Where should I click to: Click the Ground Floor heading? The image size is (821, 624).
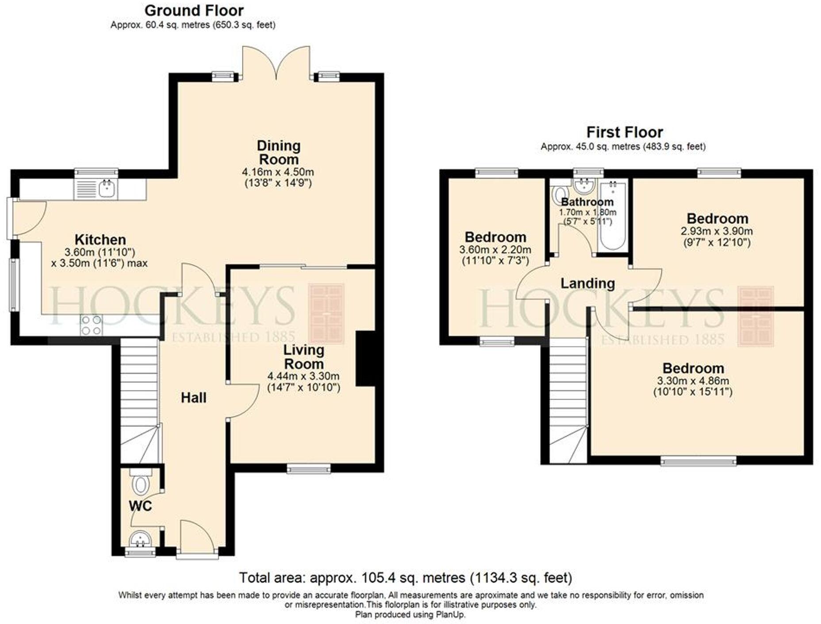click(194, 10)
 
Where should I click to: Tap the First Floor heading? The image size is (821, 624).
click(625, 132)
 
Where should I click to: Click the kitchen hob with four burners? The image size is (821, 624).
click(92, 325)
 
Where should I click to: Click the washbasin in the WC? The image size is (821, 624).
click(140, 539)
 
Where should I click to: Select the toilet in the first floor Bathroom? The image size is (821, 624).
click(560, 195)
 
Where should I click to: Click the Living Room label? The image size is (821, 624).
click(304, 357)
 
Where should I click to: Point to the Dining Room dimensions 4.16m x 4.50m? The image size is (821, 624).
click(278, 172)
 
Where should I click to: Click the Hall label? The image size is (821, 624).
click(194, 398)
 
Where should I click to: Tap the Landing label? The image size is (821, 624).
click(588, 283)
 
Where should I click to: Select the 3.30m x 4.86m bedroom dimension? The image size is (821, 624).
click(693, 380)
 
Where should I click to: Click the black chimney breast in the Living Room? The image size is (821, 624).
click(365, 359)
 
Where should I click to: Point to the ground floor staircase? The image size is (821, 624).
click(139, 401)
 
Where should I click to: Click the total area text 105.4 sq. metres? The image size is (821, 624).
click(405, 578)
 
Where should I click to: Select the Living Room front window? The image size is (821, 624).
click(309, 468)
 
